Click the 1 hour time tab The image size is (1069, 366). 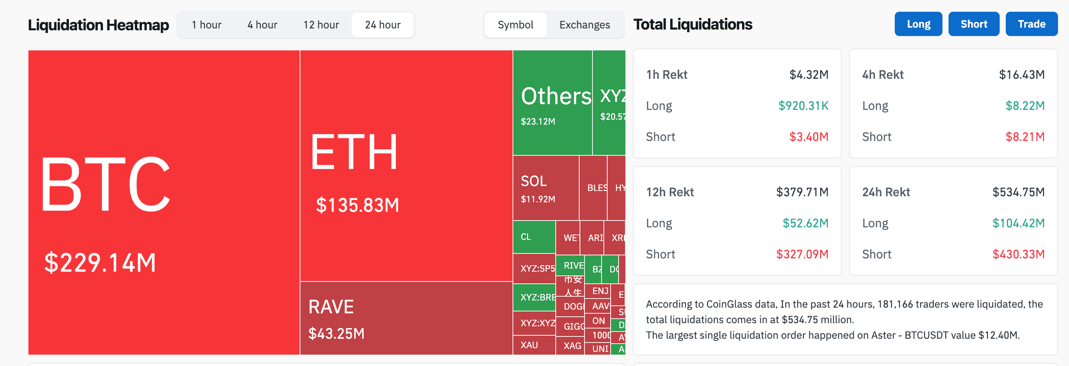pos(206,25)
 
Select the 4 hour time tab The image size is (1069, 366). pos(262,25)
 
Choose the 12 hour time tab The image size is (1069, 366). pos(321,25)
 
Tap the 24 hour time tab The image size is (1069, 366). pos(383,25)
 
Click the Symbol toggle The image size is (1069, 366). pos(516,25)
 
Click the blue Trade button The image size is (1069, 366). pos(1031,24)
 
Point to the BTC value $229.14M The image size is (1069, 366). pos(100,263)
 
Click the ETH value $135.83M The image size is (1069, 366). pos(357,205)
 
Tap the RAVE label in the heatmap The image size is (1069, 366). pos(331,307)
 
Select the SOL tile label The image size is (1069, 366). pos(533,181)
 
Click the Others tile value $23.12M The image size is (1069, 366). pos(538,122)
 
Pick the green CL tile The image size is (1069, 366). pos(534,237)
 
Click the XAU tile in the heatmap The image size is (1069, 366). pos(529,345)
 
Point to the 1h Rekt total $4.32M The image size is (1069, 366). pos(808,75)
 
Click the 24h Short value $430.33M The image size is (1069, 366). pos(1018,254)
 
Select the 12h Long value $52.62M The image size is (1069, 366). pos(805,223)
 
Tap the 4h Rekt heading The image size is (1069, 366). pos(883,75)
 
